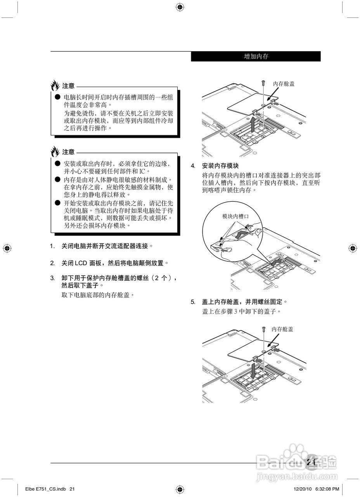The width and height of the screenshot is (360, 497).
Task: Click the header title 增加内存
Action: pos(256,57)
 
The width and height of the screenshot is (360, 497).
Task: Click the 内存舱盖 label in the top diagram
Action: pos(284,83)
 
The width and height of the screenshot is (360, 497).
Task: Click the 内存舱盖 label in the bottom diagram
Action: pos(282,329)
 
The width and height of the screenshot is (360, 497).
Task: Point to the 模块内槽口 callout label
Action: pos(235,216)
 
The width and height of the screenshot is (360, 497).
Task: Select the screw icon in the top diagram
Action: pos(263,83)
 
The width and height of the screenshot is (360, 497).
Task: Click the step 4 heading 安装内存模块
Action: pos(222,166)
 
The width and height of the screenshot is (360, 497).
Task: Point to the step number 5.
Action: pos(193,302)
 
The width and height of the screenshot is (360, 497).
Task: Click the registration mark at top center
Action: pos(180,7)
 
